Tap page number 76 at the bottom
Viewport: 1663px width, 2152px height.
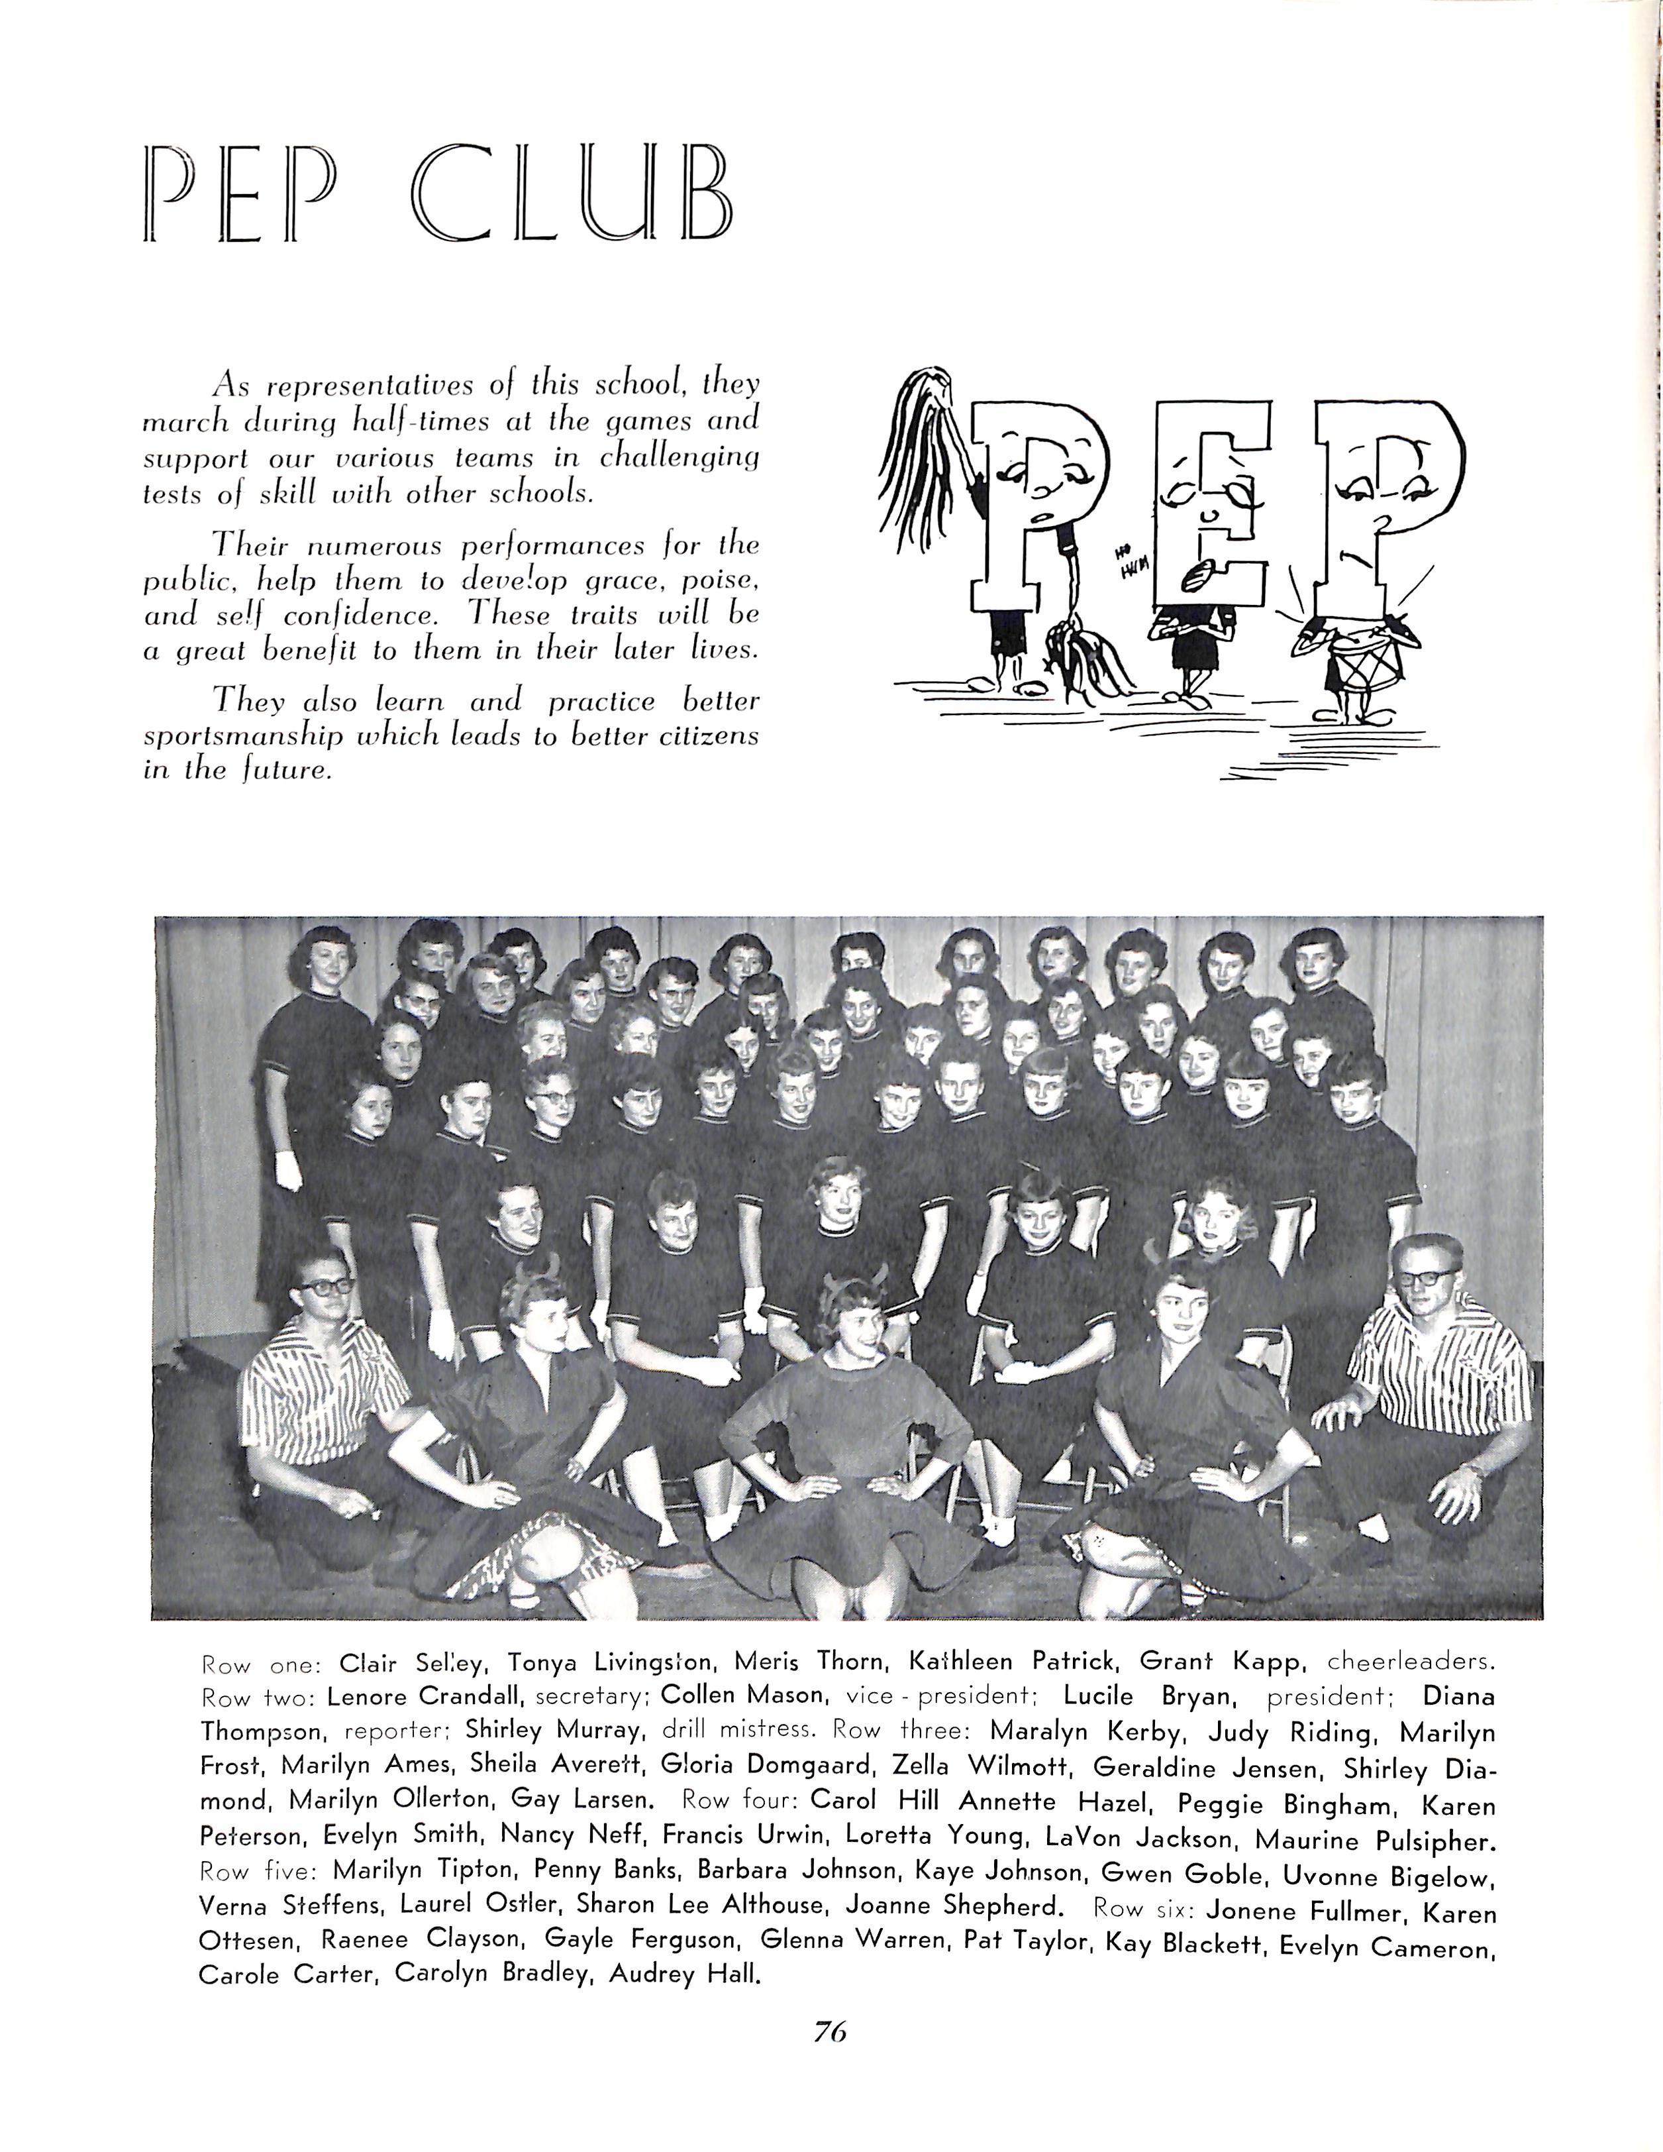click(830, 2032)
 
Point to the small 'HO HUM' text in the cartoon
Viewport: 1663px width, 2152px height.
click(1132, 565)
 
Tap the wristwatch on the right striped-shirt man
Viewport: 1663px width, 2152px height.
click(1474, 1468)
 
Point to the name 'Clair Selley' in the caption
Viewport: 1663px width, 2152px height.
click(412, 1663)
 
